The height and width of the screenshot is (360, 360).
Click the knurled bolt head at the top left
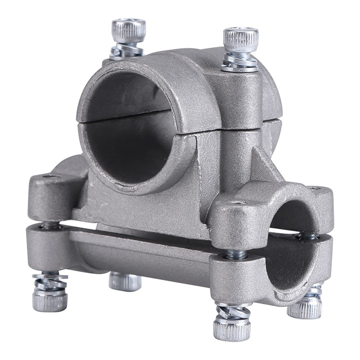[128, 31]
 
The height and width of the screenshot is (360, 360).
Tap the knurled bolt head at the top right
[241, 40]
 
